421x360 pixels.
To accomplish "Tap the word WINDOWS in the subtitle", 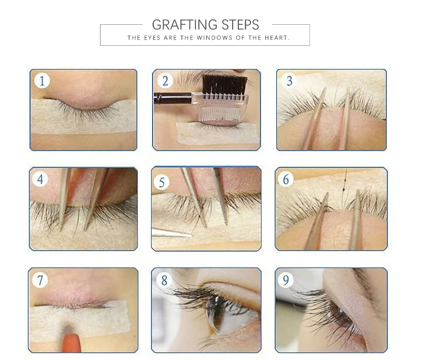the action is point(214,37).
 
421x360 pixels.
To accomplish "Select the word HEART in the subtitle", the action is point(277,37).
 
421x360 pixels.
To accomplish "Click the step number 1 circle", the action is point(42,81).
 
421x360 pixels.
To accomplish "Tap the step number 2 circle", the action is point(165,81).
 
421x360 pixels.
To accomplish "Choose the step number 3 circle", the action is point(289,81).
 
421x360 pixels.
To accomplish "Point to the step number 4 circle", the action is point(41,179).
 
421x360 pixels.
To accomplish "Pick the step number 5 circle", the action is point(162,182).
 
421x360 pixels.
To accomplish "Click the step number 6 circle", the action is point(286,179).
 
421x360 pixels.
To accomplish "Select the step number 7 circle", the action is point(40,280).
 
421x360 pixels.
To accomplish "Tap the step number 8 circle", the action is point(164,280).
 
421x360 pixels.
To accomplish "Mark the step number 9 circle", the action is point(286,280).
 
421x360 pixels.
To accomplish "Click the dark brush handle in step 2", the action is point(173,98).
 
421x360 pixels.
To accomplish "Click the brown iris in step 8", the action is point(212,312).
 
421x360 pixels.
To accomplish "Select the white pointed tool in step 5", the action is point(172,233).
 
